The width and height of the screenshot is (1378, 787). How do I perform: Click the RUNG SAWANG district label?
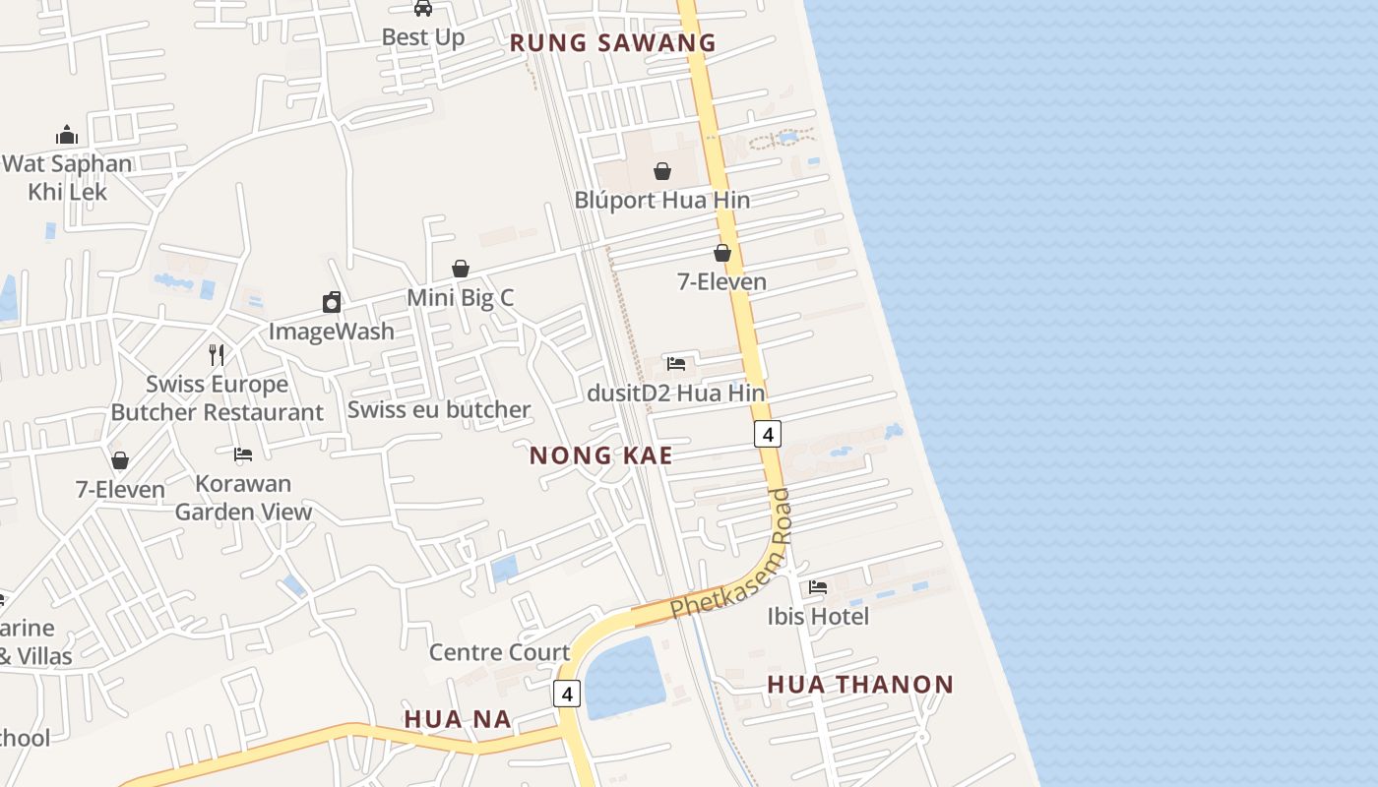point(612,42)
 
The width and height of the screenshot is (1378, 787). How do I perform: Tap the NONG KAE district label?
point(600,455)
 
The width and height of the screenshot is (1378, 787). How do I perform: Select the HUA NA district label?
point(458,719)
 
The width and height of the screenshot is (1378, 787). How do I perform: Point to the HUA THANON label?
point(860,684)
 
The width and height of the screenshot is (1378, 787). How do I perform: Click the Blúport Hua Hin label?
point(662,200)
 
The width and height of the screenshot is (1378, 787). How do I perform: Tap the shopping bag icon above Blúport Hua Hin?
point(662,171)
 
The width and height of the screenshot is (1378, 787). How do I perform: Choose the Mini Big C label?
point(461,297)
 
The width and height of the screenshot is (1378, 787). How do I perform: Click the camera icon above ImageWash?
point(332,302)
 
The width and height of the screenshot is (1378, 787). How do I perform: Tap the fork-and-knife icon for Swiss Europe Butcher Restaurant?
point(217,354)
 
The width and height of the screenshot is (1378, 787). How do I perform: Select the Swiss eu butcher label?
point(439,409)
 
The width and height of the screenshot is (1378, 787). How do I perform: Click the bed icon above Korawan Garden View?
point(243,454)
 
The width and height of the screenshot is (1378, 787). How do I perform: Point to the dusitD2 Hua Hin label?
point(675,393)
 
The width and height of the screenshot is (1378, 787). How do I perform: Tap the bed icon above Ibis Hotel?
point(817,587)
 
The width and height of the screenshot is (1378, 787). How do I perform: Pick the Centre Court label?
point(499,652)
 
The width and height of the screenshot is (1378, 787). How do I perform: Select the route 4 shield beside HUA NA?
point(566,694)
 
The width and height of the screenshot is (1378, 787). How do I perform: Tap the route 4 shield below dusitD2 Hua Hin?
point(768,433)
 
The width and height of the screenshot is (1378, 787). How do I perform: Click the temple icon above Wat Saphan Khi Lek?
point(67,135)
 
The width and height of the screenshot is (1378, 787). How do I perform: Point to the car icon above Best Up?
point(423,9)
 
